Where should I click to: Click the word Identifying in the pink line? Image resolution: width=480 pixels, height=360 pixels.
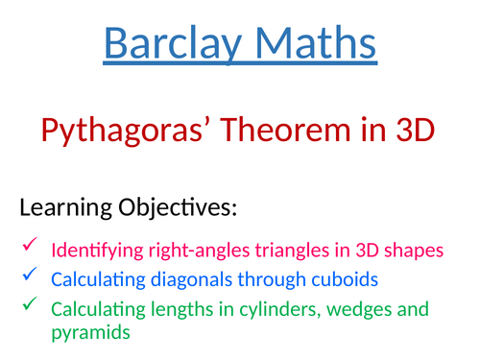click(91, 251)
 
